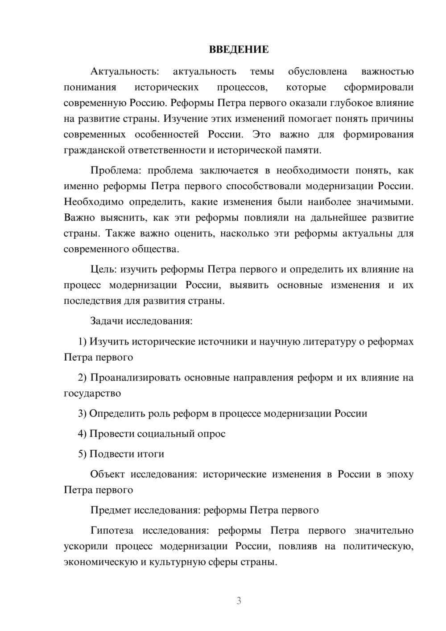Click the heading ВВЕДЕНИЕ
[x=239, y=50]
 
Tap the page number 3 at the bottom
[x=239, y=601]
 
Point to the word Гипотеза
[x=111, y=531]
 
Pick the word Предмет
[x=111, y=510]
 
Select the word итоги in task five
[x=149, y=454]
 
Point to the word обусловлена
[x=318, y=71]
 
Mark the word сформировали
[x=379, y=87]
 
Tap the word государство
[x=92, y=393]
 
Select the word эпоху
[x=399, y=474]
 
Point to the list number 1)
[x=83, y=342]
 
